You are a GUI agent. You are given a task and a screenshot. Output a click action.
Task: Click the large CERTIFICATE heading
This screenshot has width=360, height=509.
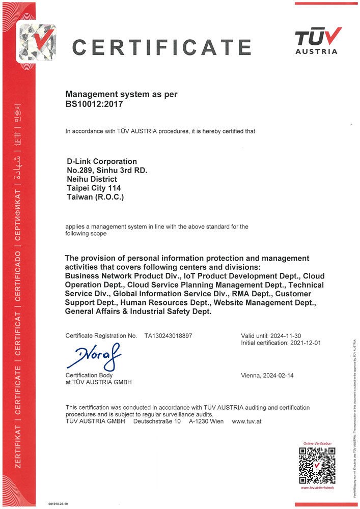pos(161,47)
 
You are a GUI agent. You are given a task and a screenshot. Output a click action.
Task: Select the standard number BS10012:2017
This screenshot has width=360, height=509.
pos(94,104)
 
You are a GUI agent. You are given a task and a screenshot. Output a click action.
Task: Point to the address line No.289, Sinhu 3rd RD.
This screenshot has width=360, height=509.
pos(107,171)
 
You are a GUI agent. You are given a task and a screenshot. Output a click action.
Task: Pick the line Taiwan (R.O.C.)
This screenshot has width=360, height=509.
pos(95,196)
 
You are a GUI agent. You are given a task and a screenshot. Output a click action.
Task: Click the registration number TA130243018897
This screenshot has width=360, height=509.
pos(169,336)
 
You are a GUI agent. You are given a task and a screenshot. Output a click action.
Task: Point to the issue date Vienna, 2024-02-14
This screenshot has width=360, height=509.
pos(267,376)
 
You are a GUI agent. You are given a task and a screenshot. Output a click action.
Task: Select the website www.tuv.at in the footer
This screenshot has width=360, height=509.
pos(246,421)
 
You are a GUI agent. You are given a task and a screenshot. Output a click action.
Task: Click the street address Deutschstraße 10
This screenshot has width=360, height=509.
pos(157,421)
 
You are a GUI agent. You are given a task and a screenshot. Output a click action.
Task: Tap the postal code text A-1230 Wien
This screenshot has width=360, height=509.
pos(206,421)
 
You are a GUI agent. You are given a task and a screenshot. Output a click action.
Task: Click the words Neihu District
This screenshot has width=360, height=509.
pos(92,179)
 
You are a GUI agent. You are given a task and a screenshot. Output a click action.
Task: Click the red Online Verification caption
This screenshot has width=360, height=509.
pos(317,444)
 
